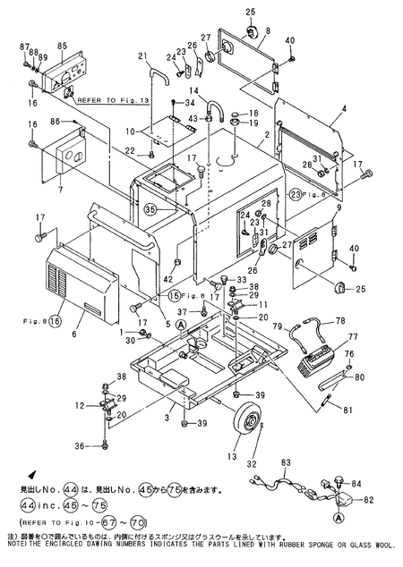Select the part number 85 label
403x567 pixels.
tap(62, 47)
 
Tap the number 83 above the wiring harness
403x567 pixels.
tap(286, 462)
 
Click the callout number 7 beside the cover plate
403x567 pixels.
tap(59, 190)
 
